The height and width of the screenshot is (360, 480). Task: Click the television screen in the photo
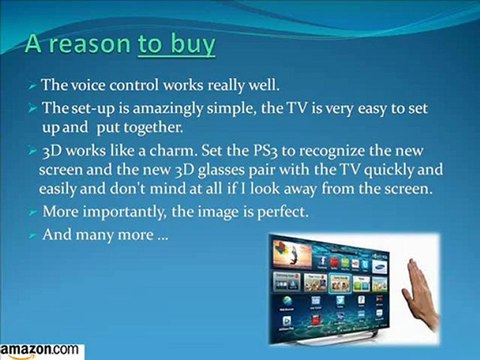coord(324,286)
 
